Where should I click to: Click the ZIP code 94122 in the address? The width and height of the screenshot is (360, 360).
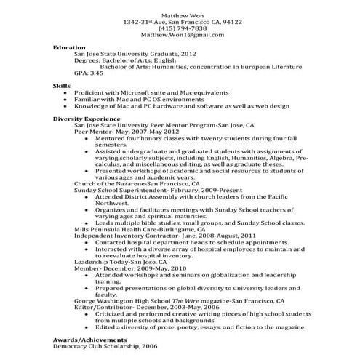[x=231, y=21]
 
